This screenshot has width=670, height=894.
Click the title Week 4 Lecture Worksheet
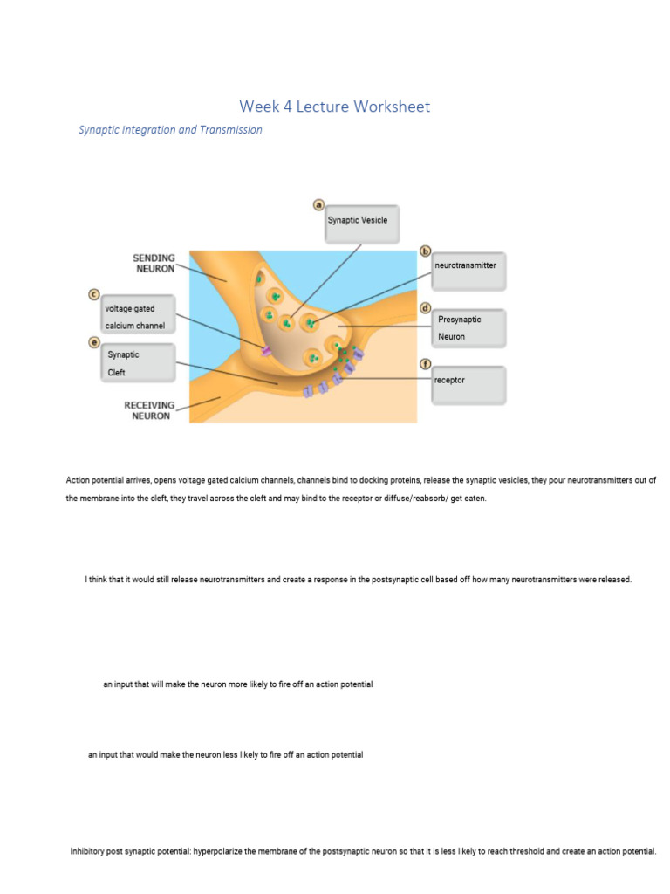point(334,107)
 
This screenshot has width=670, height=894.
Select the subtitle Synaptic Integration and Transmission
point(170,130)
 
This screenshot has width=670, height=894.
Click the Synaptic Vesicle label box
point(362,223)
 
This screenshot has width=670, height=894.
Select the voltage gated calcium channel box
point(139,317)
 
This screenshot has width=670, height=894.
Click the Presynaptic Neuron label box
point(468,328)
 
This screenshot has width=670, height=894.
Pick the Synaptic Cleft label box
point(139,363)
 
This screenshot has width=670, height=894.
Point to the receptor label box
point(468,384)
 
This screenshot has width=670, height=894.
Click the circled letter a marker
point(319,204)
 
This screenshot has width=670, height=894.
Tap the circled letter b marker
point(426,251)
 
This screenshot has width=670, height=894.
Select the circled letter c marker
point(93,295)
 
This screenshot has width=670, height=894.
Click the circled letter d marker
point(426,308)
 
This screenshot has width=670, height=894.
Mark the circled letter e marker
point(93,342)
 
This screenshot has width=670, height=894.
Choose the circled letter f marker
point(426,363)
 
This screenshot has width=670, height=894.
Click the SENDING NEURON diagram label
point(154,264)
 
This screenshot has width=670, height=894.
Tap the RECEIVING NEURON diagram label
point(149,410)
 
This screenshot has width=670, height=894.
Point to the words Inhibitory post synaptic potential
point(130,851)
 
